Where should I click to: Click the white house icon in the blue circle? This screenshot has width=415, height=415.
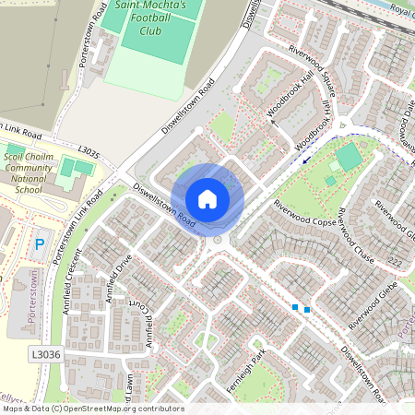click(x=207, y=198)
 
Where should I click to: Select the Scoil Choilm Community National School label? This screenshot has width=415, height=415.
click(x=29, y=174)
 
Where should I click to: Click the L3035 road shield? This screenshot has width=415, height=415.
click(x=89, y=150)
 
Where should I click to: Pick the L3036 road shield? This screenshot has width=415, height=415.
click(x=43, y=353)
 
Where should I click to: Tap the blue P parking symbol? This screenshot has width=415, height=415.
click(x=39, y=245)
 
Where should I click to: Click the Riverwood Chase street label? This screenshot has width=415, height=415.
click(x=353, y=238)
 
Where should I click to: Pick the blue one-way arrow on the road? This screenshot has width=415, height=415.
click(x=306, y=159)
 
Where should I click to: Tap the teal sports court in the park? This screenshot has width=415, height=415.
click(x=350, y=158)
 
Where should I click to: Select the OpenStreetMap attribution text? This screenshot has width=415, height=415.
click(x=92, y=409)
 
